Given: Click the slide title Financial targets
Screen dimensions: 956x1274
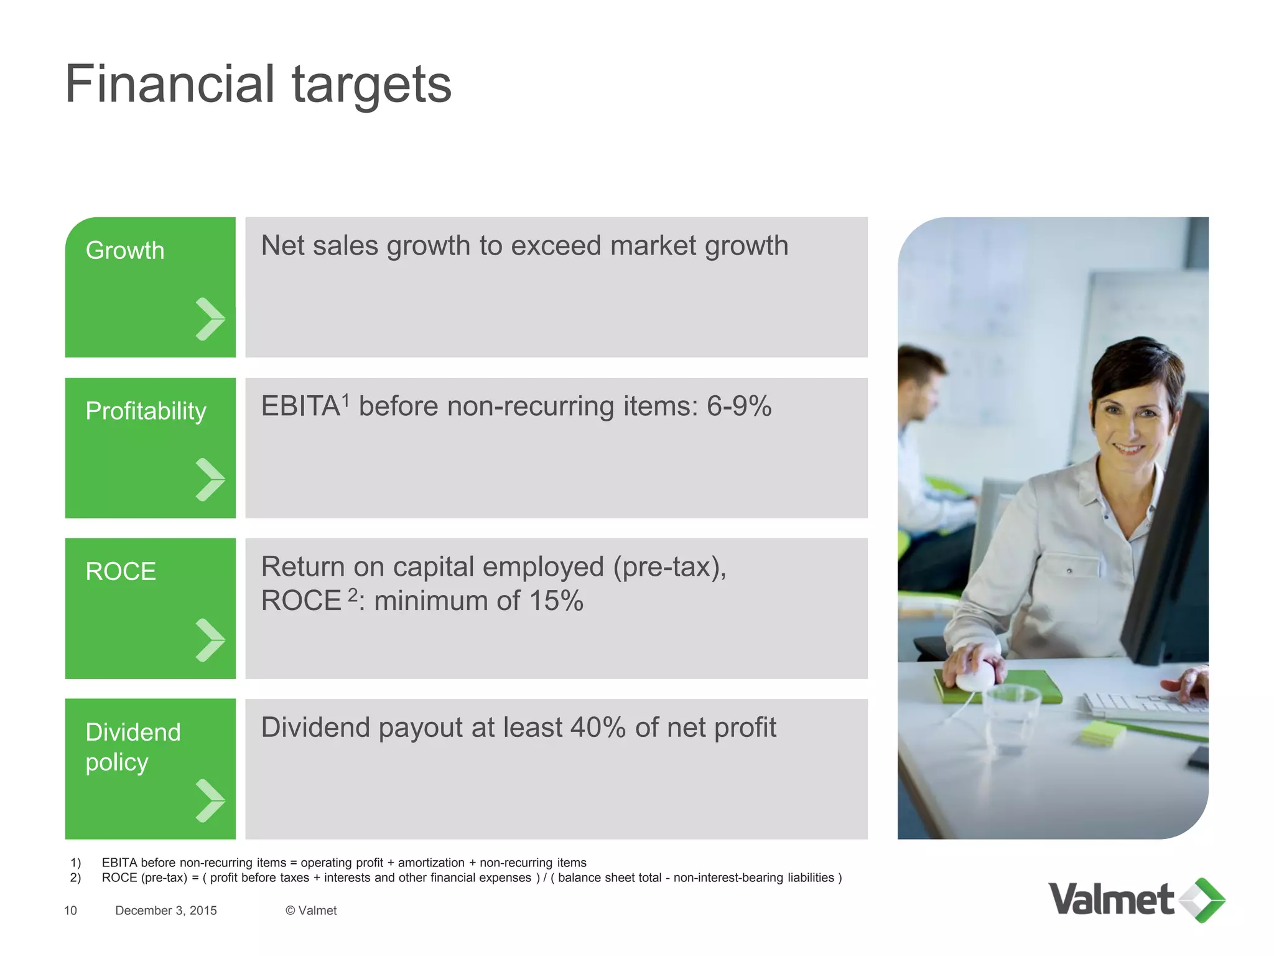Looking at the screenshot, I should click(x=258, y=85).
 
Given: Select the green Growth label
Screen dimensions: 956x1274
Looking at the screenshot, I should click(x=125, y=250).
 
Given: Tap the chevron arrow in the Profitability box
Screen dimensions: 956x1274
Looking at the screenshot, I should click(x=210, y=480).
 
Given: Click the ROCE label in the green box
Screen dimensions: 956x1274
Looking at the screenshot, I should click(x=121, y=571).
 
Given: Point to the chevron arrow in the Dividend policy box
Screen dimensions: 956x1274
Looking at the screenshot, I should click(x=210, y=801).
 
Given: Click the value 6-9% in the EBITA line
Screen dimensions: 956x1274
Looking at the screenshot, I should click(x=739, y=406).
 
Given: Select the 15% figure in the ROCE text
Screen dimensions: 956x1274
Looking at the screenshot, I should click(x=556, y=601).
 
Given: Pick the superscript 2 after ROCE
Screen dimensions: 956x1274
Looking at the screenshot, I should click(x=353, y=594).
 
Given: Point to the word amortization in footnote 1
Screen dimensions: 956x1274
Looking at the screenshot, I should click(x=431, y=863).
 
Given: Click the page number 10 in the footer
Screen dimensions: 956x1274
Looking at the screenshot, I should click(x=70, y=911).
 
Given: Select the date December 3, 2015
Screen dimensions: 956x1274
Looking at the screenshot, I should click(x=166, y=911).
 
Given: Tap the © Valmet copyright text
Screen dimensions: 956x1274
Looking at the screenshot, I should click(x=311, y=911).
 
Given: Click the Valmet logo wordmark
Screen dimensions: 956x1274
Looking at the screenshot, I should click(x=1111, y=900).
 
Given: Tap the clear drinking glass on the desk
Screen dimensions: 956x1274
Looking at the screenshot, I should click(x=1012, y=716).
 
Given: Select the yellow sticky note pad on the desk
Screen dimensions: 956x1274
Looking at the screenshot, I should click(x=1103, y=733).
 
